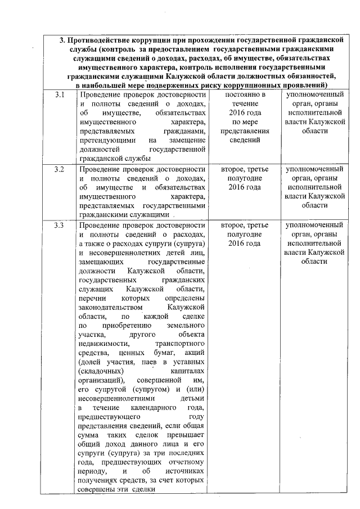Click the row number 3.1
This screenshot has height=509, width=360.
(59, 95)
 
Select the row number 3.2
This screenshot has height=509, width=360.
(59, 169)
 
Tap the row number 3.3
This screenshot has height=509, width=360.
(59, 226)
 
